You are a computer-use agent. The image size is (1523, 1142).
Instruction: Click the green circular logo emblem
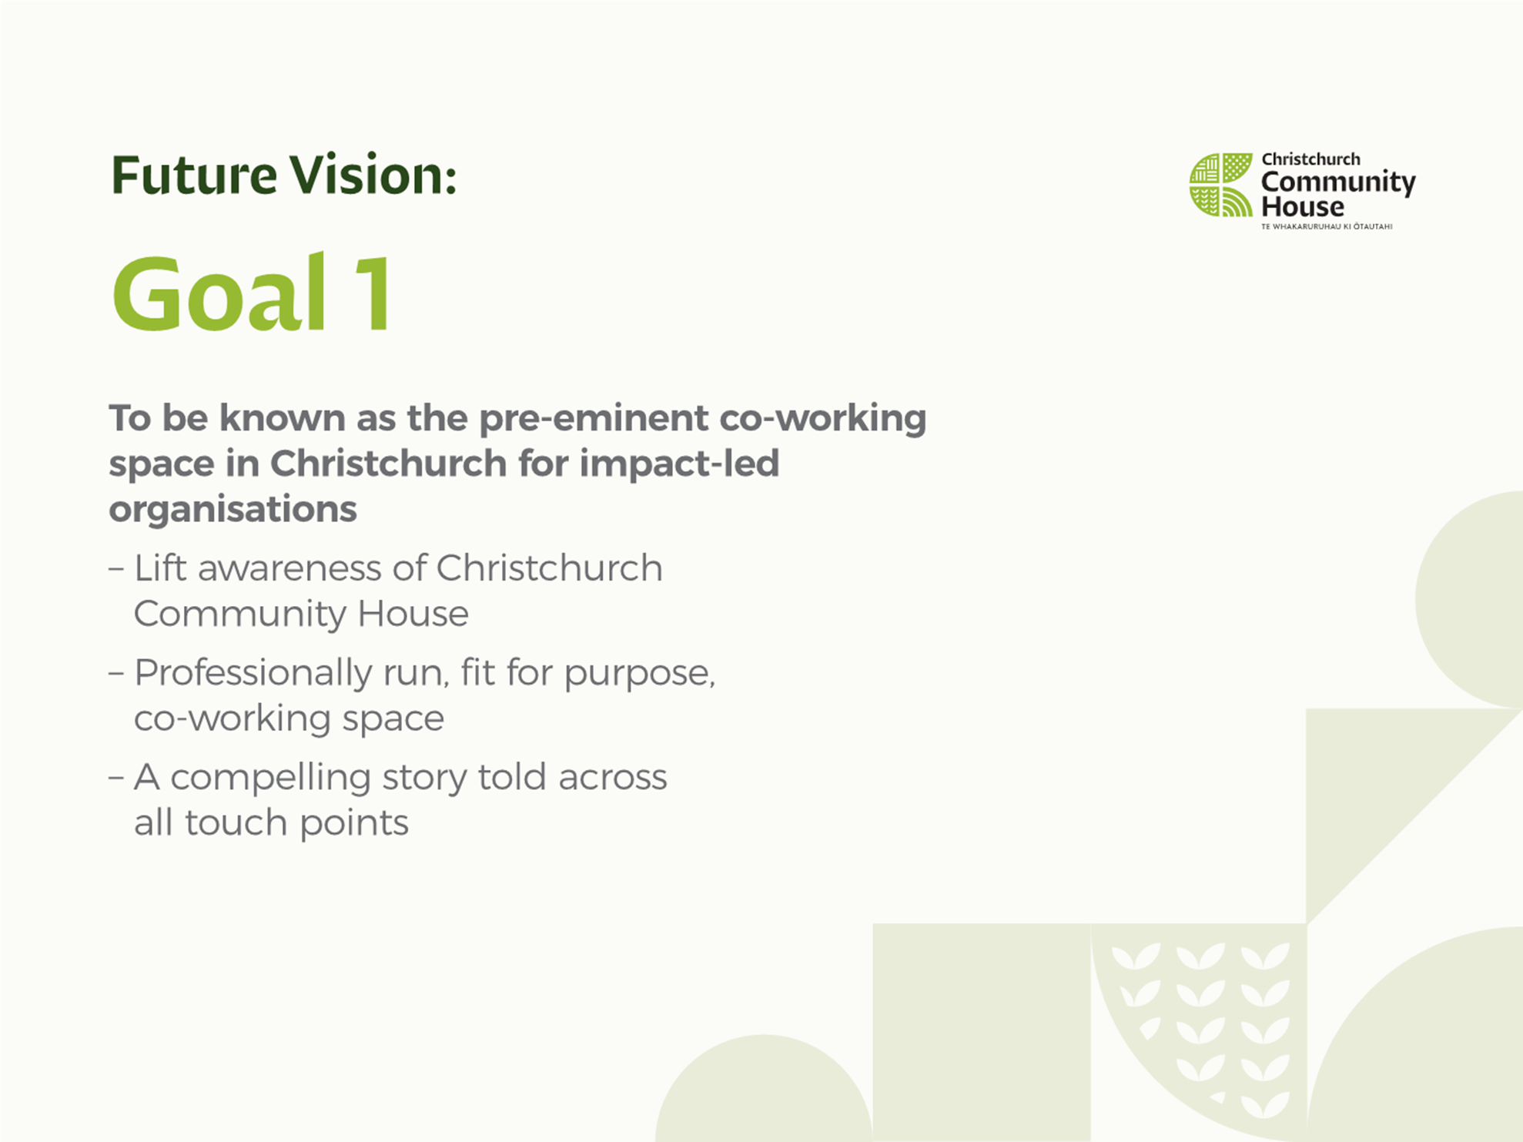[1221, 185]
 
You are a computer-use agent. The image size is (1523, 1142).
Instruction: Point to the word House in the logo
[1303, 206]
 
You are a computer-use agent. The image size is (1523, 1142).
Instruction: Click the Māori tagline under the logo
[1327, 226]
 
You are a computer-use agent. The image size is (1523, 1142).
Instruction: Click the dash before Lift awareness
[116, 570]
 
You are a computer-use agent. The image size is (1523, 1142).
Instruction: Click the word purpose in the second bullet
[638, 675]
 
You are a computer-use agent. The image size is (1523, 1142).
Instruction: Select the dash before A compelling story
[116, 778]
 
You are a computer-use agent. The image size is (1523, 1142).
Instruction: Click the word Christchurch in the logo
[1310, 159]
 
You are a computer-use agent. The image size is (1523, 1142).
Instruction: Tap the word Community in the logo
[1338, 183]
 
